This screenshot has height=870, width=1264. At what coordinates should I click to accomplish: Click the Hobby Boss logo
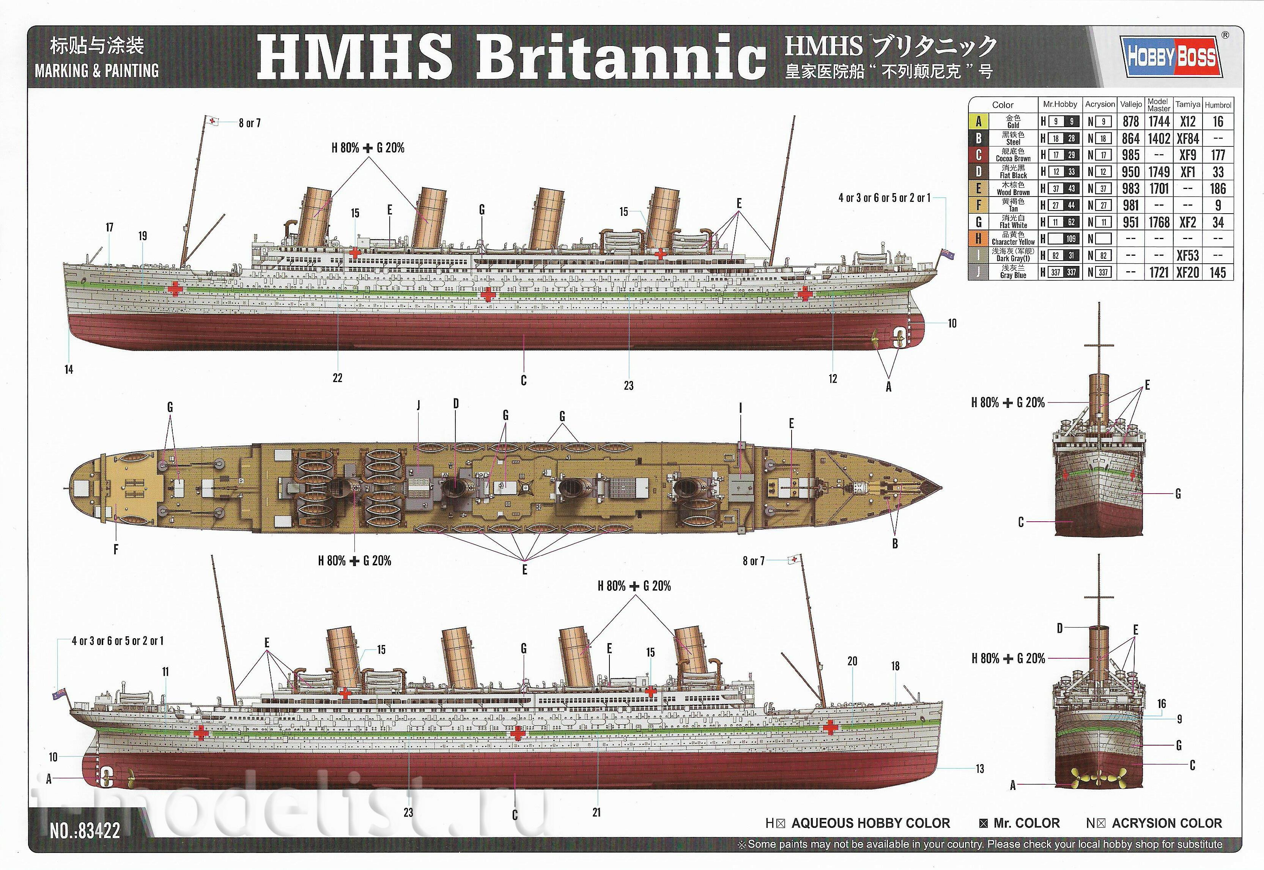click(x=1171, y=56)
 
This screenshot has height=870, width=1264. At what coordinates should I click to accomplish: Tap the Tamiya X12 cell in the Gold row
click(x=1188, y=121)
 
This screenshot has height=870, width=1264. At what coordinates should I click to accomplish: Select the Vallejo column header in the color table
click(x=1131, y=104)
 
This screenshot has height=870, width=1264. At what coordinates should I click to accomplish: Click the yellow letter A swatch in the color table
click(x=978, y=121)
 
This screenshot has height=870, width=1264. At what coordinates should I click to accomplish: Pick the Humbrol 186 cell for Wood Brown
click(x=1218, y=189)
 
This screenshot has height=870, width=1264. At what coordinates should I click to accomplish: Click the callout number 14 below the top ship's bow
click(x=69, y=370)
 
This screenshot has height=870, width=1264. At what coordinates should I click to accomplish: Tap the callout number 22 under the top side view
click(x=337, y=378)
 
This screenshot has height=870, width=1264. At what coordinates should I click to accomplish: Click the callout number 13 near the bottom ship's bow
click(x=979, y=769)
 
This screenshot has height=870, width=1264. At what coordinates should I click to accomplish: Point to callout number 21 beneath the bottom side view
click(x=596, y=812)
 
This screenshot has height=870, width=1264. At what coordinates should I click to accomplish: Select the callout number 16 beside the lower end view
click(x=1162, y=704)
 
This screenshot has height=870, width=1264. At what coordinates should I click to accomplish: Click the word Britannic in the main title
click(x=621, y=57)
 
